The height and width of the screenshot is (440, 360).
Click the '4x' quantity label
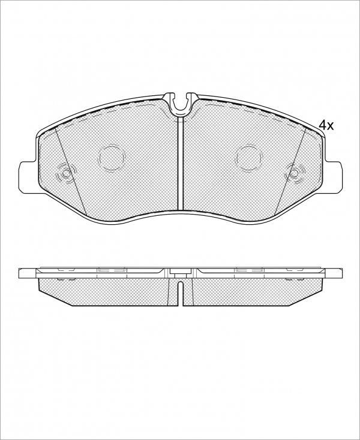click(x=326, y=125)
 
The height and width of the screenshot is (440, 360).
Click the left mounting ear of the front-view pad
click(x=28, y=177)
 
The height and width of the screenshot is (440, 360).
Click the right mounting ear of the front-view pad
click(x=334, y=177)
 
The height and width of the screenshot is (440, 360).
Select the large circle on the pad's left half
click(x=112, y=158)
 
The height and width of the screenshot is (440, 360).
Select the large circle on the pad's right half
click(x=249, y=158)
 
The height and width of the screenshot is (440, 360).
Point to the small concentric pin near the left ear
click(x=66, y=174)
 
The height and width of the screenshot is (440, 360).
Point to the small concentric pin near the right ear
click(x=294, y=174)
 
